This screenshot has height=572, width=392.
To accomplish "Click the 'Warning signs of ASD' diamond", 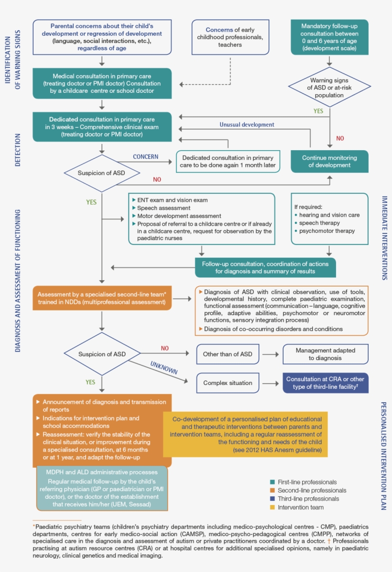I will [x=330, y=87].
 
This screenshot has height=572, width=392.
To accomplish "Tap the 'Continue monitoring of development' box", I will [x=329, y=161].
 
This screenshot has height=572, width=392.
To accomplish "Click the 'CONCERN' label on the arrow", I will [x=145, y=156].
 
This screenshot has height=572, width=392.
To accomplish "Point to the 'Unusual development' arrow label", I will [x=247, y=124].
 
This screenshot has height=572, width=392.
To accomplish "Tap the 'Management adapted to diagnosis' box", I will [x=326, y=354].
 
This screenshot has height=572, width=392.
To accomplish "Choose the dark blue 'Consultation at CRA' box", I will [x=326, y=383].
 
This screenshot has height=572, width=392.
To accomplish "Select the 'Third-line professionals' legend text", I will [x=308, y=499].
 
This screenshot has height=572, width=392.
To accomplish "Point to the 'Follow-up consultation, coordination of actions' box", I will [x=265, y=267].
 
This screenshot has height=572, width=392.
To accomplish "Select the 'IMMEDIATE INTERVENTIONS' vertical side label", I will [x=384, y=238].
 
